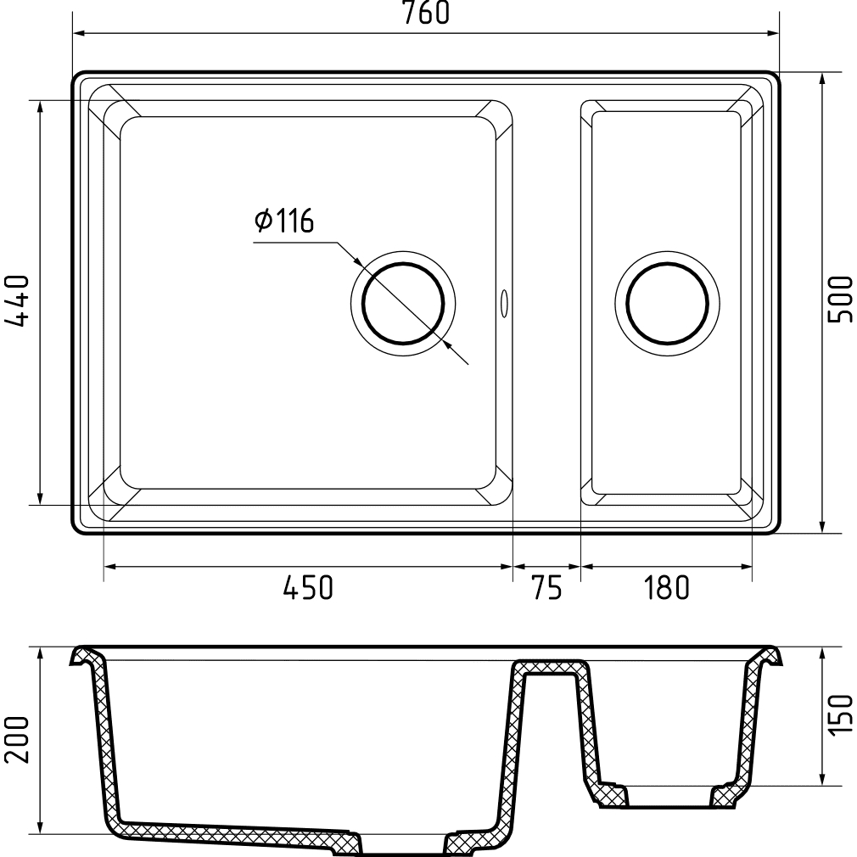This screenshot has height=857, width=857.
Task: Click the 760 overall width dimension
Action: (426, 13)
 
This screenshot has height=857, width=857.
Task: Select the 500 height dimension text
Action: (840, 300)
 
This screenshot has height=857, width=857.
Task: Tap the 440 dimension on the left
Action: (17, 300)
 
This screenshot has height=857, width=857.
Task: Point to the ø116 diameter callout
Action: (284, 221)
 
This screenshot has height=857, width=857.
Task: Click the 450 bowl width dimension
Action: (308, 588)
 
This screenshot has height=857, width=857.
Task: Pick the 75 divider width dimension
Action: (546, 588)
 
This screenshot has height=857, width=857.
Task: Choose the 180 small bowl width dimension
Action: (666, 588)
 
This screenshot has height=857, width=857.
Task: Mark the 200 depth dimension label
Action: (17, 740)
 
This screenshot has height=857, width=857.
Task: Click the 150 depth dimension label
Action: (840, 715)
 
